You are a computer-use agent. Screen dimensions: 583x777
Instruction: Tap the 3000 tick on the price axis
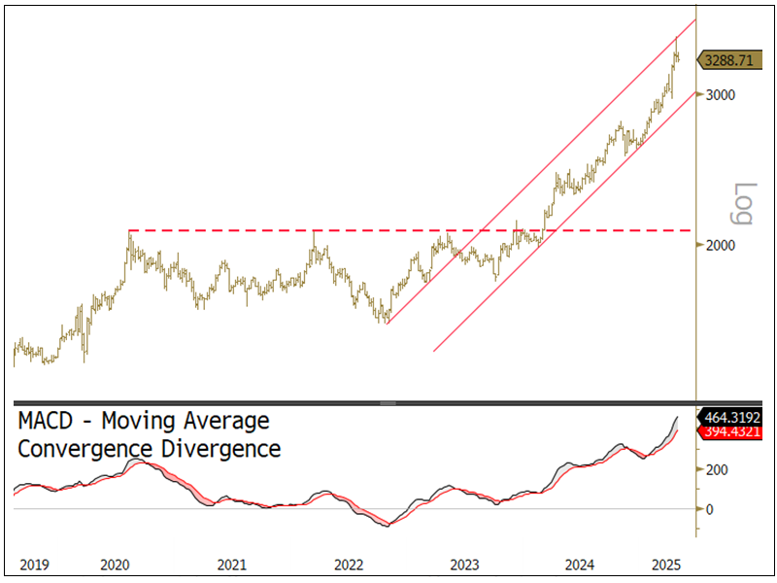[720, 94]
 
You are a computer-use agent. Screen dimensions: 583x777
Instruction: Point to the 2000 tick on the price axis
[720, 245]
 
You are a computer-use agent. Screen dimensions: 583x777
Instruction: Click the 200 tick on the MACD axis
[717, 469]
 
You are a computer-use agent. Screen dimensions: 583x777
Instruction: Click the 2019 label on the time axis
[35, 565]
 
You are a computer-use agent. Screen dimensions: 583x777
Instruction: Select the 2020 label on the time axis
[115, 565]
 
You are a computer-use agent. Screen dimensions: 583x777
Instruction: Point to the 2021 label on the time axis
[231, 565]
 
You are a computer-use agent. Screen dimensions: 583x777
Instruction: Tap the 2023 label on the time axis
[464, 565]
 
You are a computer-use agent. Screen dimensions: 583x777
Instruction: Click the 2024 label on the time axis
[581, 565]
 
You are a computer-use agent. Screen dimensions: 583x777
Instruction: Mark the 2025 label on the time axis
[666, 565]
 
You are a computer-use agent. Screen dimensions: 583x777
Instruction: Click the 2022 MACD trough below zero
[388, 526]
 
